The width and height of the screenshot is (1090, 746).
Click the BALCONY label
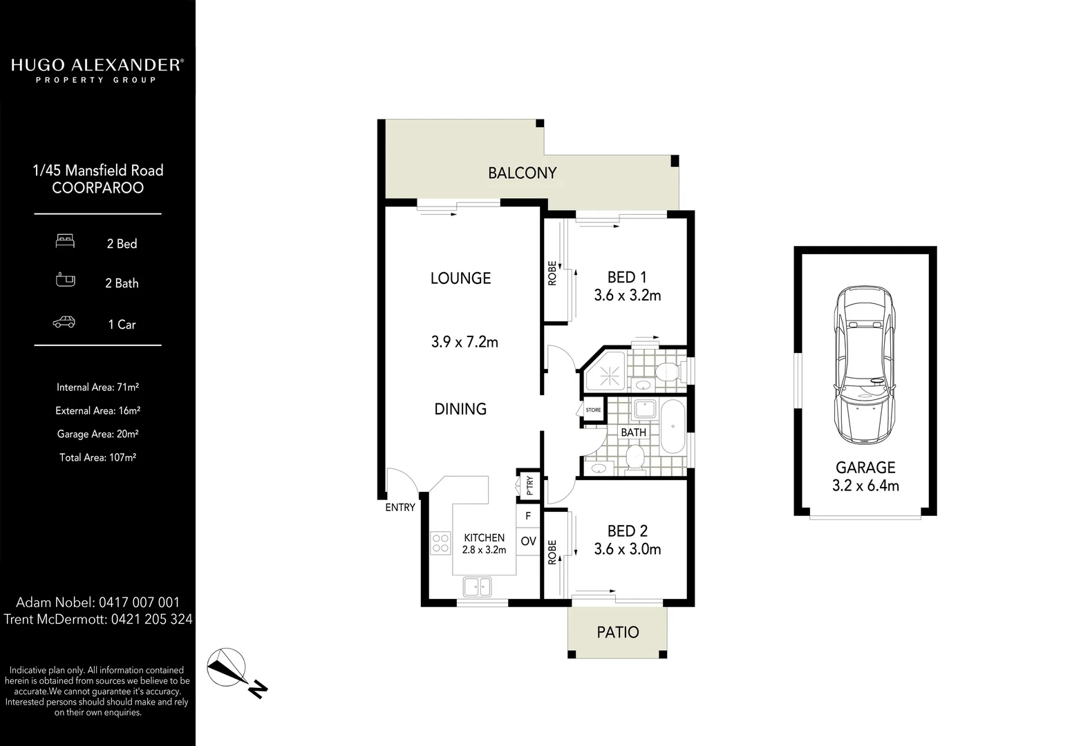point(522,173)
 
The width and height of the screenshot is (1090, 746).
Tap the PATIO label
point(617,632)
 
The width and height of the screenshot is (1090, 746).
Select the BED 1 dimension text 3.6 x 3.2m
point(627,296)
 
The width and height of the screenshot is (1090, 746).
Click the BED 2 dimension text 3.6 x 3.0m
point(627,550)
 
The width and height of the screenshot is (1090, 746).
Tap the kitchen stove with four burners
point(440,542)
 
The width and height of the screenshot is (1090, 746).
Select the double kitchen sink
point(477,586)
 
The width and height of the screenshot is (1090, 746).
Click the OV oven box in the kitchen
point(528,541)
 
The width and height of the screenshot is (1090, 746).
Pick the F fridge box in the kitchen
point(528,516)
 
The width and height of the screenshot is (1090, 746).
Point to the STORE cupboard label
point(593,410)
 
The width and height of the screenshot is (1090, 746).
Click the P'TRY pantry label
point(530,486)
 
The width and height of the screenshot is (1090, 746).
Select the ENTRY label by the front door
point(400,508)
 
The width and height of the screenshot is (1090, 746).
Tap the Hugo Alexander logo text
point(97,66)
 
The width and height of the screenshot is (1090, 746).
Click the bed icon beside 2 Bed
point(65,241)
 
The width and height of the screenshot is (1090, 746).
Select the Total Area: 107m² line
point(97,457)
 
